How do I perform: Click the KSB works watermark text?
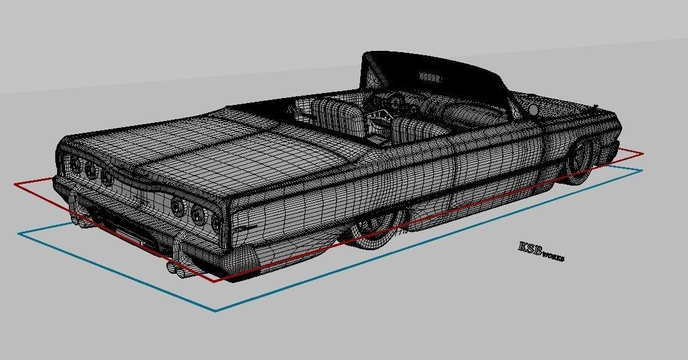[x=541, y=251]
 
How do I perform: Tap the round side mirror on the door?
[x=533, y=110]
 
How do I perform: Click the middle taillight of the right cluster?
[x=198, y=214]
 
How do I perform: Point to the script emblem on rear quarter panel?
[x=248, y=228]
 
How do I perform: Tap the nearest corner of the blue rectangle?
[x=215, y=310]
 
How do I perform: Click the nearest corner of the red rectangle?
[x=214, y=281]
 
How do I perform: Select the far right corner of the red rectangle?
[x=642, y=153]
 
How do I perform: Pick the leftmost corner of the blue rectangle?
[x=19, y=233]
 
